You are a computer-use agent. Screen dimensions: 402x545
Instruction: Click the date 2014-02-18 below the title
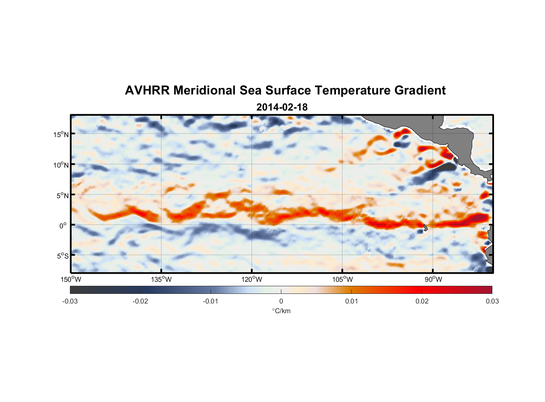point(282,107)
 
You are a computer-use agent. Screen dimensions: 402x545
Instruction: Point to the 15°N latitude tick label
point(61,134)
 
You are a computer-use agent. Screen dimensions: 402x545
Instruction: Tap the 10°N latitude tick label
point(61,165)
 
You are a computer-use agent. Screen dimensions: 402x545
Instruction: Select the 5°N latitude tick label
point(62,195)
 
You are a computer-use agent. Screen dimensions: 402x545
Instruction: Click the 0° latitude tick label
point(63,226)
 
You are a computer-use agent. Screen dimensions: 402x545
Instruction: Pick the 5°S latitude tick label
point(62,256)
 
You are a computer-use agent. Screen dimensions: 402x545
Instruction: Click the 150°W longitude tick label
point(71,279)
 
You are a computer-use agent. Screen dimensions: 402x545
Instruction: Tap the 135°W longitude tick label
point(161,279)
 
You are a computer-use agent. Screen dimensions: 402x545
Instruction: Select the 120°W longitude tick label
point(252,279)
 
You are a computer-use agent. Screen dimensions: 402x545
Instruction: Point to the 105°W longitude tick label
point(342,279)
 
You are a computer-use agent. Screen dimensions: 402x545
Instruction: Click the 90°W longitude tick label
point(433,279)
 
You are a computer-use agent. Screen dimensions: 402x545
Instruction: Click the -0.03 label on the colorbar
point(70,301)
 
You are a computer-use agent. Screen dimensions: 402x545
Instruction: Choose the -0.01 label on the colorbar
point(211,301)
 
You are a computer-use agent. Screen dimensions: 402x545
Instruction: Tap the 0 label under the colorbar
point(281,301)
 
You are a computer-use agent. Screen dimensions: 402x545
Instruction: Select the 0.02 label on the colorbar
point(422,301)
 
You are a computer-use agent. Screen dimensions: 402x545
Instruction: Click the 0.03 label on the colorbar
point(492,301)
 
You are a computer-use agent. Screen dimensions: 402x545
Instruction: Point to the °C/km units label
point(281,311)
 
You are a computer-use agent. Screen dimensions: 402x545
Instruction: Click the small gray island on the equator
point(425,228)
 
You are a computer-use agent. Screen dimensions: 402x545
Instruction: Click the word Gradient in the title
point(420,90)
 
